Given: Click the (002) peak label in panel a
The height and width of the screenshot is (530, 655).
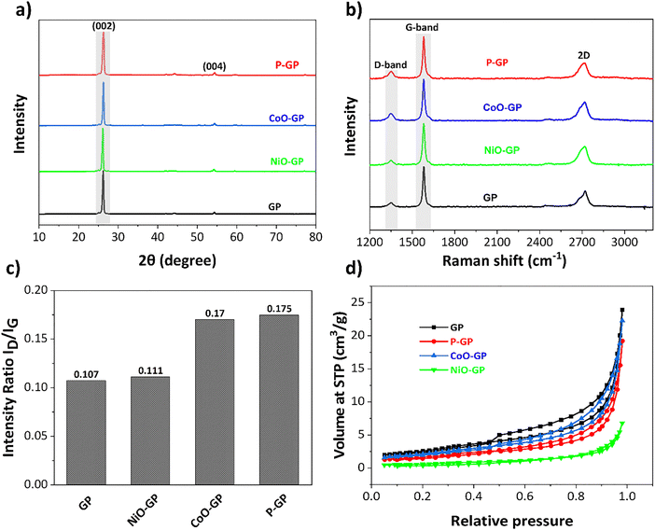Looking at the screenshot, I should (103, 24).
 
